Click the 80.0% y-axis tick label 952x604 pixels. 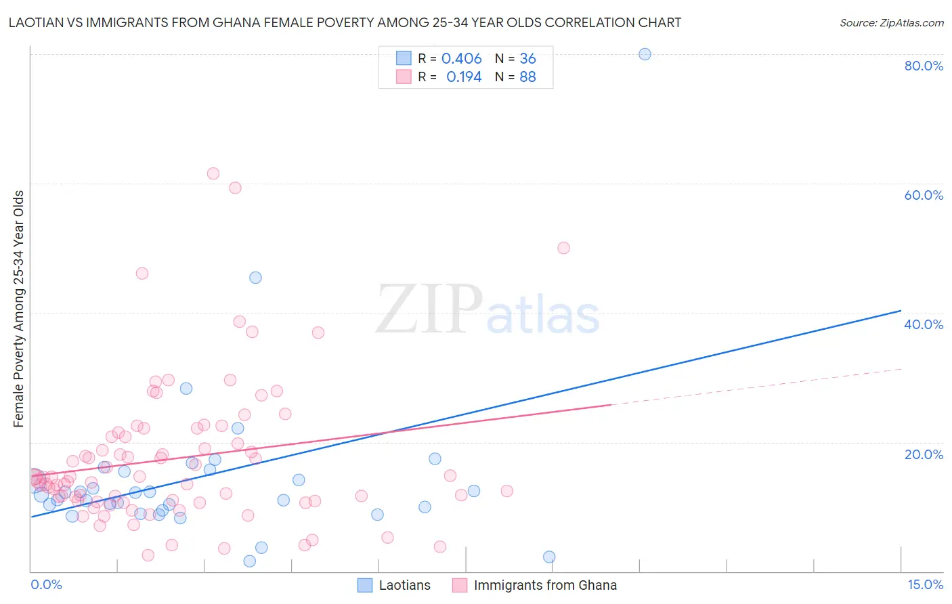[x=924, y=66]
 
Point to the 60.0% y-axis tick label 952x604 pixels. [x=924, y=195]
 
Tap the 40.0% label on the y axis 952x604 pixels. [x=924, y=324]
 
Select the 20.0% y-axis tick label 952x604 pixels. [x=924, y=454]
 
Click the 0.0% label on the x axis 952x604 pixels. [x=46, y=584]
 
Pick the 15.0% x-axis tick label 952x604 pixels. [x=925, y=584]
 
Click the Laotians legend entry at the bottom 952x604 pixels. [x=404, y=585]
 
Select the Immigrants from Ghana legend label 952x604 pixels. [x=545, y=585]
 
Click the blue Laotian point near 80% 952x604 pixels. [x=645, y=54]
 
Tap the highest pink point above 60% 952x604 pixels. [x=213, y=173]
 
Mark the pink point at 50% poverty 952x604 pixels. [x=563, y=248]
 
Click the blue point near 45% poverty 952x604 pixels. [x=255, y=278]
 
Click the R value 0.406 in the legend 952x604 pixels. [x=461, y=59]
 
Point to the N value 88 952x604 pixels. [x=527, y=77]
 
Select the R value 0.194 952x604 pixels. [x=464, y=77]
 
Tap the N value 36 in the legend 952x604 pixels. [x=527, y=59]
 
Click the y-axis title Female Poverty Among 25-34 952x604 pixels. [x=19, y=309]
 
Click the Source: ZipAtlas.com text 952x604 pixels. [x=891, y=23]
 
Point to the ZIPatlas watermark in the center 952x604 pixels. [x=488, y=310]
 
